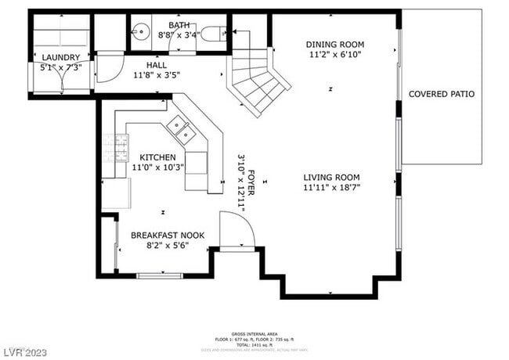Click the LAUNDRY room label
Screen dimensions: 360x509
[x=60, y=57]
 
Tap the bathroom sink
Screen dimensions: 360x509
[x=141, y=33]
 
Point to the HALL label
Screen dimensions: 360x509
[x=157, y=65]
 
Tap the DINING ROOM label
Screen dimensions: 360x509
[x=335, y=45]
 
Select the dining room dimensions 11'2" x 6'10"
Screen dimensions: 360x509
[x=335, y=56]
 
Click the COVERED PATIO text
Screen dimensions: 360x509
[x=442, y=94]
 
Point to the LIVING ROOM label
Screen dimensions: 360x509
[x=331, y=177]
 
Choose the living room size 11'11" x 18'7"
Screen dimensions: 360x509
[x=331, y=188]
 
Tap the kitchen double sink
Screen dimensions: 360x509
[x=182, y=130]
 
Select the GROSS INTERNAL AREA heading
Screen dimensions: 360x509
[x=254, y=333]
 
